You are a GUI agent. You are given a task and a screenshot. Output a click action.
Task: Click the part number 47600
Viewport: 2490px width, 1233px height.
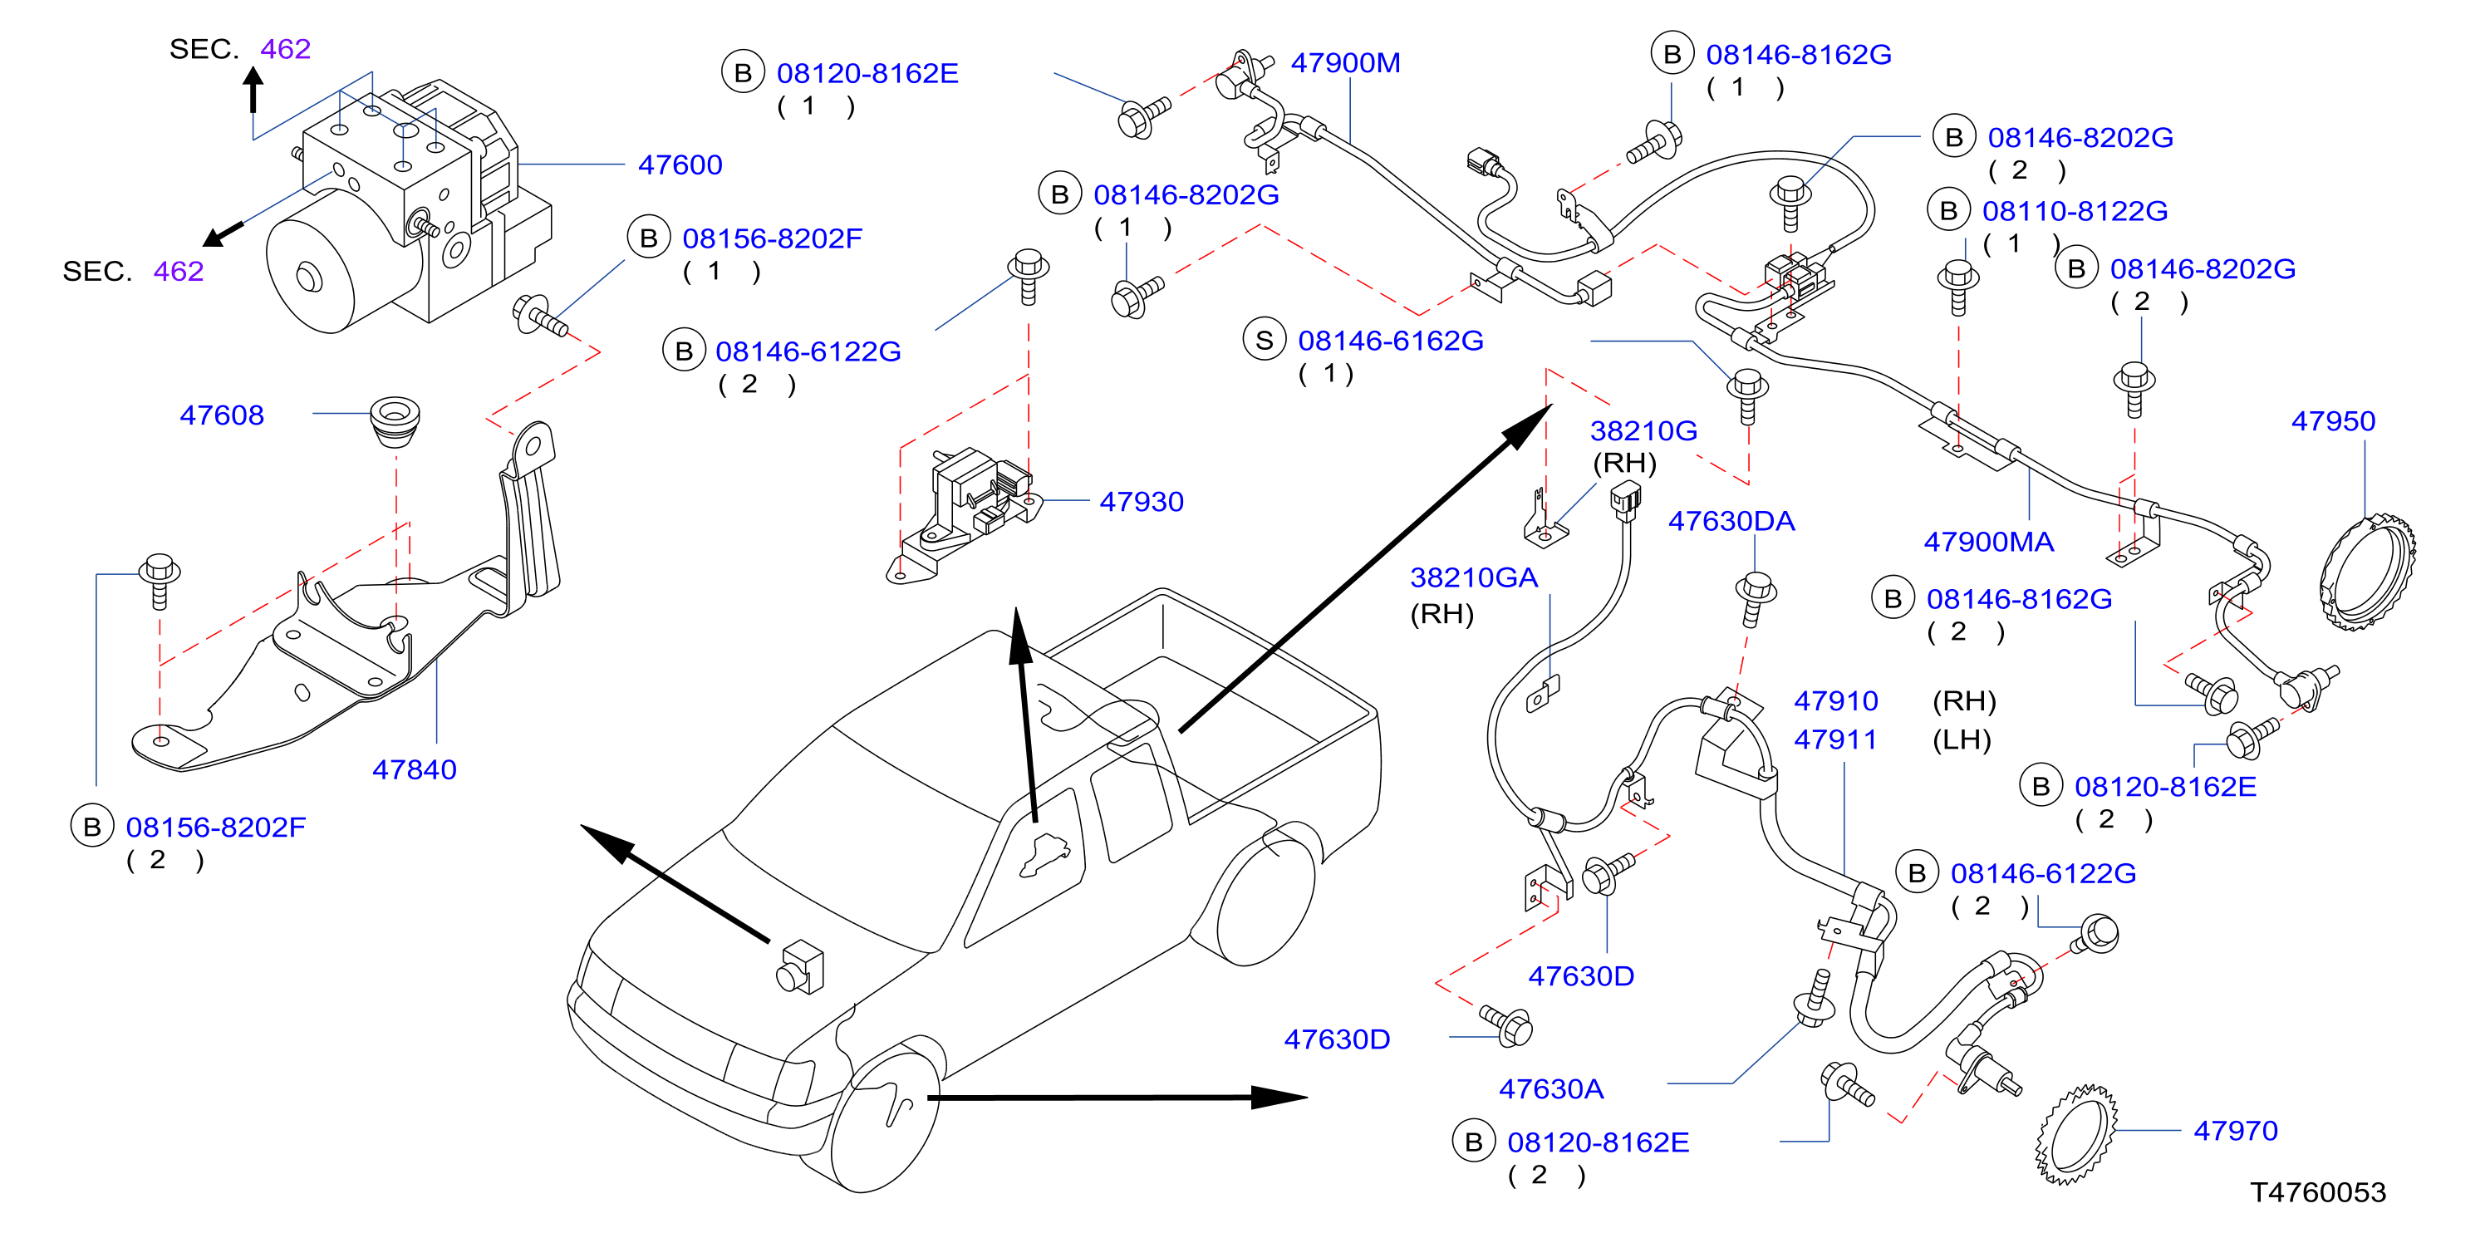pyautogui.click(x=680, y=165)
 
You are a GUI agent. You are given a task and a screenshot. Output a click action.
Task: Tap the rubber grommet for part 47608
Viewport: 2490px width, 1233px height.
pyautogui.click(x=395, y=421)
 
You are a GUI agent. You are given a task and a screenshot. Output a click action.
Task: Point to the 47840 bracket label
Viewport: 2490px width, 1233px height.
pyautogui.click(x=415, y=770)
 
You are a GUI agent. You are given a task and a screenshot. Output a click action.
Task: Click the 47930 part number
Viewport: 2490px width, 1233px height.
pyautogui.click(x=1142, y=503)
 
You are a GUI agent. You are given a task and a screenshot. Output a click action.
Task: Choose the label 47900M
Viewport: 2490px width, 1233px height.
pyautogui.click(x=1345, y=64)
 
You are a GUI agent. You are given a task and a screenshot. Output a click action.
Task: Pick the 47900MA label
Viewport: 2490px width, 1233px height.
pyautogui.click(x=1988, y=542)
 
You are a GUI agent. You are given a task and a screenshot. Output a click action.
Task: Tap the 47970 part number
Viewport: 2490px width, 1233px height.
pyautogui.click(x=2236, y=1131)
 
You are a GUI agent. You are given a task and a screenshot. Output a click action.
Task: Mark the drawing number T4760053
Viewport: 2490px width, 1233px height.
pyautogui.click(x=2318, y=1192)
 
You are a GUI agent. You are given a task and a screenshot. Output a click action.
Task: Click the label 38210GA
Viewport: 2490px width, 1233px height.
pyautogui.click(x=1473, y=577)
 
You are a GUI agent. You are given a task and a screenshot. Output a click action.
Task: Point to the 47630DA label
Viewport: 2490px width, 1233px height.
pyautogui.click(x=1731, y=522)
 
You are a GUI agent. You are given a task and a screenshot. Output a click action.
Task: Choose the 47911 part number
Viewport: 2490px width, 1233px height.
pyautogui.click(x=1835, y=740)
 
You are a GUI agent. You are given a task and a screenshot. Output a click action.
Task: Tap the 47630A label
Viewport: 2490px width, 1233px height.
pyautogui.click(x=1551, y=1090)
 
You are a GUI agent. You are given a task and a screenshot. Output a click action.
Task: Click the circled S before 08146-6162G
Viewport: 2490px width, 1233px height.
pyautogui.click(x=1265, y=340)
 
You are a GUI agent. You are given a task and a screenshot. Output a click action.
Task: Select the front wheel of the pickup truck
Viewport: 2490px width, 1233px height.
pyautogui.click(x=885, y=1116)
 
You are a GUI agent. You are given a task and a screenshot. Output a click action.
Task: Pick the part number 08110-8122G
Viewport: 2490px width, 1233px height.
pyautogui.click(x=2075, y=212)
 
